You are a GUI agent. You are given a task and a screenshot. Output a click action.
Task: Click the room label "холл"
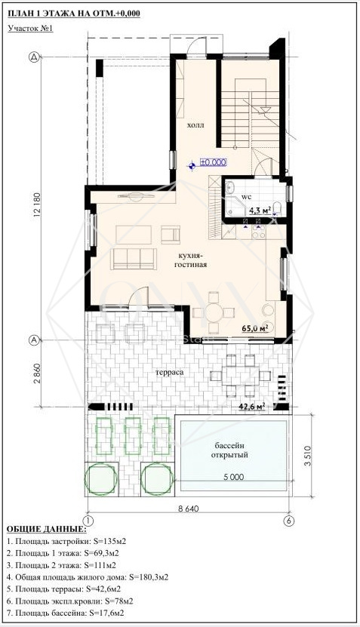pyautogui.click(x=195, y=125)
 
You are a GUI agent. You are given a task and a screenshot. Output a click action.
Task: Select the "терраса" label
pyautogui.click(x=171, y=373)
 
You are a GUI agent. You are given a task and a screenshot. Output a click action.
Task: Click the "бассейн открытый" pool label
pyautogui.click(x=229, y=450)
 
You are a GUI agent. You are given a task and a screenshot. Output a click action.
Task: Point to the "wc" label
pyautogui.click(x=247, y=197)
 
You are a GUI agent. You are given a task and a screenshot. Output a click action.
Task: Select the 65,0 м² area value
pyautogui.click(x=255, y=328)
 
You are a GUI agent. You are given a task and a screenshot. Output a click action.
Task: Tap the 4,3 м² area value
pyautogui.click(x=260, y=211)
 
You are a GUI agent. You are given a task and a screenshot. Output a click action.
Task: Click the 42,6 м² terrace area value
pyautogui.click(x=252, y=407)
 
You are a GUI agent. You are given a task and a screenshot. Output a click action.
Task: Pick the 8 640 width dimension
pyautogui.click(x=188, y=509)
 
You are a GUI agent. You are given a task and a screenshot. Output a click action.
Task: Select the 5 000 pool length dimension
pyautogui.click(x=233, y=477)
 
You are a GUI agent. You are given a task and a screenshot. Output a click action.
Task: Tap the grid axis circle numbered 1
pyautogui.click(x=88, y=521)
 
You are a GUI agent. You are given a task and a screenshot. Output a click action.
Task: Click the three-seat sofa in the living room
pyautogui.click(x=134, y=258)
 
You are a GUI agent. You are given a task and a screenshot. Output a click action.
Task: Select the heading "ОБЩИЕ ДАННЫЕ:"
pyautogui.click(x=46, y=530)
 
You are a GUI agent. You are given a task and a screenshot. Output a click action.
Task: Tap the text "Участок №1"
pyautogui.click(x=30, y=29)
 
